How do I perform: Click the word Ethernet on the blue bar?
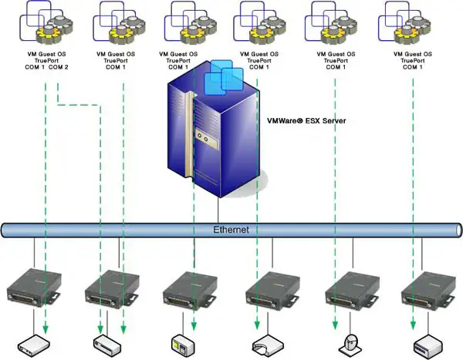coord(231,230)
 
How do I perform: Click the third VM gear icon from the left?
coord(190,23)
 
